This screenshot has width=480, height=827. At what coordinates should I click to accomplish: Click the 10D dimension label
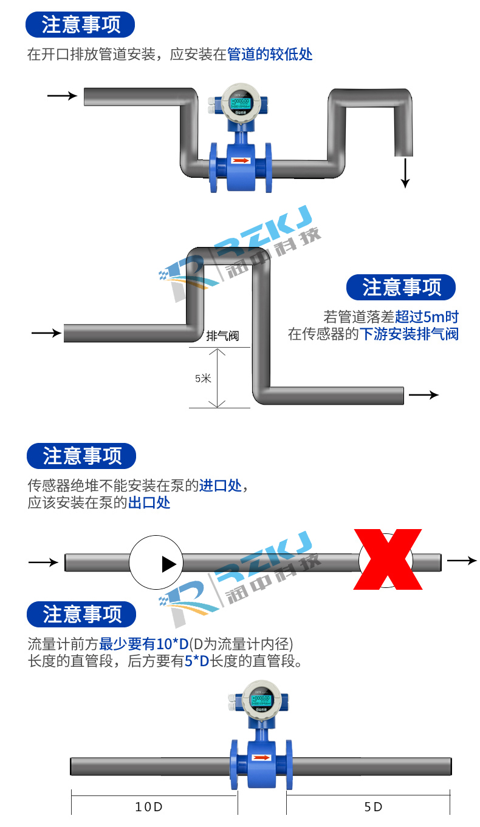click(149, 807)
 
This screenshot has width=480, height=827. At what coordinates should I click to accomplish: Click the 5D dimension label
click(373, 807)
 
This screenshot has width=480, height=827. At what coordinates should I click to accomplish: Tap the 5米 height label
click(203, 378)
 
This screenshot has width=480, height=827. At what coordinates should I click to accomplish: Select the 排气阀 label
click(222, 336)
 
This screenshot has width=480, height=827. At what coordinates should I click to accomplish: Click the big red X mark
click(388, 559)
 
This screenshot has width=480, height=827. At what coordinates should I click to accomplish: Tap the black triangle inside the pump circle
click(169, 564)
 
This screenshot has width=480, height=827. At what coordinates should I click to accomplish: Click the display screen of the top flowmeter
click(241, 103)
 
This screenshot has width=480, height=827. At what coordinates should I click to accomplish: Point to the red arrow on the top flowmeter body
click(241, 161)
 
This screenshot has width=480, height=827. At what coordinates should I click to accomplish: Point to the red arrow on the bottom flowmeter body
click(261, 758)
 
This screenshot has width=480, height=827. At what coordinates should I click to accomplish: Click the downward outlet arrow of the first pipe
click(406, 173)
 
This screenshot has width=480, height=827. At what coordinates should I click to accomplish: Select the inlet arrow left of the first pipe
click(62, 96)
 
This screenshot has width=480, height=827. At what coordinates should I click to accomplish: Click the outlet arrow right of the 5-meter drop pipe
click(423, 395)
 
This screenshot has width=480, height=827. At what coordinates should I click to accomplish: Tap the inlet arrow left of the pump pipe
click(43, 562)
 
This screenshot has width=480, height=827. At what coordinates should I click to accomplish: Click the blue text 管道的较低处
click(270, 54)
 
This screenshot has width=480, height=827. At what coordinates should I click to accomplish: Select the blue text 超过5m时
click(427, 317)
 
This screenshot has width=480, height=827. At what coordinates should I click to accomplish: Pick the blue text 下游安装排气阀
click(409, 334)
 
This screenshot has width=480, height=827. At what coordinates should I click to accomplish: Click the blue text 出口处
click(149, 502)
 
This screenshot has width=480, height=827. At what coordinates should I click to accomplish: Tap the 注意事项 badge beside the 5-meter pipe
click(401, 287)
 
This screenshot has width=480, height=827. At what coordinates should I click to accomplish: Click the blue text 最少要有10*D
click(144, 644)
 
